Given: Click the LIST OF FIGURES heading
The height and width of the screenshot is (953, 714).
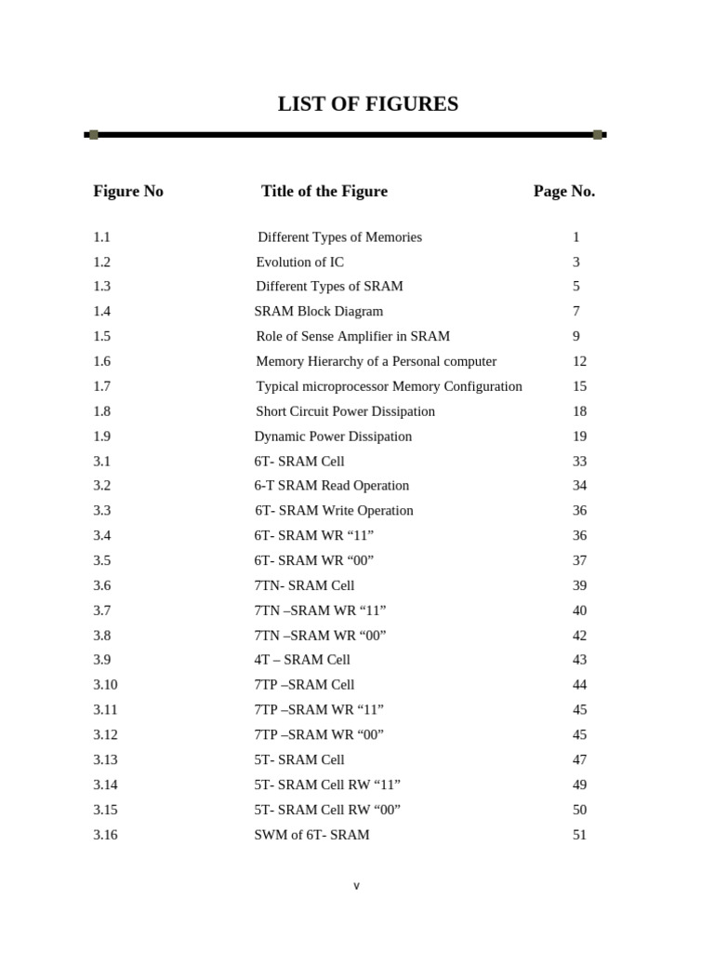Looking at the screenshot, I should tap(367, 104).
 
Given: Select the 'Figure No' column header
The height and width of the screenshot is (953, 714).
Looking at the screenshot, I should tap(128, 191).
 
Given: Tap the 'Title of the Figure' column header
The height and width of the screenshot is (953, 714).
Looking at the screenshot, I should tap(324, 191).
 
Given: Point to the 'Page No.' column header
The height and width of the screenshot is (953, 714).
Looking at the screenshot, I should tap(563, 191).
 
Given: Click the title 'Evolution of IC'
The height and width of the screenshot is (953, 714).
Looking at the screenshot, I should tap(299, 262).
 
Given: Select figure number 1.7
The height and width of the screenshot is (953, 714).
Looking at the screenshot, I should tap(101, 386).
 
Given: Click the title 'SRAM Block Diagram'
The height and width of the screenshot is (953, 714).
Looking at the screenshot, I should tap(318, 312).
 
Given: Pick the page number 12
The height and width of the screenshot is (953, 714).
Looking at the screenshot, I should tap(579, 361).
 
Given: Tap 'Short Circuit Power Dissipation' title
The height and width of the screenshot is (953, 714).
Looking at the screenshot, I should tap(345, 411).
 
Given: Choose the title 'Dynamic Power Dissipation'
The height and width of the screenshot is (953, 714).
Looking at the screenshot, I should tap(333, 436).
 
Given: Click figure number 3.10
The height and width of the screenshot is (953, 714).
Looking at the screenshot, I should tap(105, 685).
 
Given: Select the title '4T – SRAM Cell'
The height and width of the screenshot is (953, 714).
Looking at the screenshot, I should tap(302, 660).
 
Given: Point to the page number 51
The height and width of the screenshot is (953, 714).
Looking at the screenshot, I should tap(579, 835).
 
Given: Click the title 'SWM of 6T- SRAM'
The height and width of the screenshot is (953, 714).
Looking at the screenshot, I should tap(311, 835).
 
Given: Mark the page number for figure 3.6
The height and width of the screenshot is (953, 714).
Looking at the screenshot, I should tap(579, 585).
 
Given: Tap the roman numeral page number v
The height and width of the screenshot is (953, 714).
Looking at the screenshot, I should tap(356, 886).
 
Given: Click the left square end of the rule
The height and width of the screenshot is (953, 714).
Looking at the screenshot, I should tap(93, 135).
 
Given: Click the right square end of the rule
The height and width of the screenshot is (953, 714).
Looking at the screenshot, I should tap(598, 135).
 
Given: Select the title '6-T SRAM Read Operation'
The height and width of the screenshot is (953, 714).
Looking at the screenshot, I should tap(331, 486).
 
